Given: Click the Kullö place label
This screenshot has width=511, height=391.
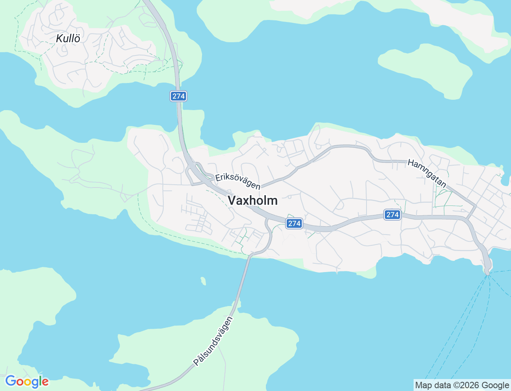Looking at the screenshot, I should [x=68, y=38].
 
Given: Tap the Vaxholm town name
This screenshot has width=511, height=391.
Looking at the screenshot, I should [x=252, y=200].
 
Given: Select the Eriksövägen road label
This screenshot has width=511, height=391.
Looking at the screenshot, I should [x=238, y=181].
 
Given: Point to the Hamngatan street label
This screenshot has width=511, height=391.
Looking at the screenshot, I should [x=427, y=174].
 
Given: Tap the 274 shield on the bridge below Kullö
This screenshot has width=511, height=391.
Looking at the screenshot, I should [x=178, y=96].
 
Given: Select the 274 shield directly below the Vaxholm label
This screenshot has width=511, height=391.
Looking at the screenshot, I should [x=294, y=223].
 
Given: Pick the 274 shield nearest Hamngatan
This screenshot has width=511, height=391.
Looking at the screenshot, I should [x=392, y=215].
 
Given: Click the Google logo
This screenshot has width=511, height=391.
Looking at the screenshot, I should [x=27, y=382].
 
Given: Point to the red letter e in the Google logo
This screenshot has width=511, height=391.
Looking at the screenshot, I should [x=45, y=382].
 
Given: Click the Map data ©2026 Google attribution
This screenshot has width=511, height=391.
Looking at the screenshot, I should [x=462, y=385].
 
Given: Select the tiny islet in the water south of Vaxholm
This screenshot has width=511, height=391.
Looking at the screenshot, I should [x=204, y=281].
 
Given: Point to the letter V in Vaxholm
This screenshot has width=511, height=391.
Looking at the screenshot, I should [x=232, y=200].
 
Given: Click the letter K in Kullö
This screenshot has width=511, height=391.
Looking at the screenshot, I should [x=59, y=38].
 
